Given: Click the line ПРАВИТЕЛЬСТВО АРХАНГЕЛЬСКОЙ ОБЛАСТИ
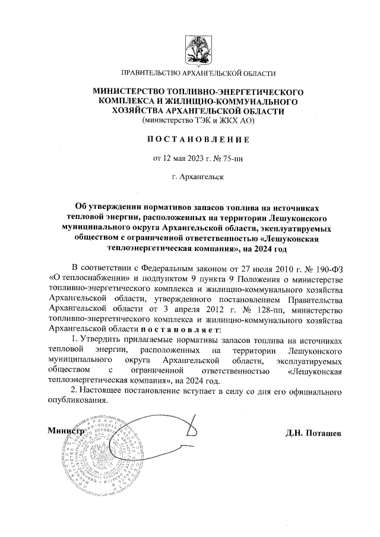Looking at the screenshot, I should (x=198, y=73).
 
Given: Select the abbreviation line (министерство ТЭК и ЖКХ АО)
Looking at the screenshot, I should (x=198, y=120).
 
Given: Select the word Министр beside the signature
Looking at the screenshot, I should (x=64, y=431).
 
